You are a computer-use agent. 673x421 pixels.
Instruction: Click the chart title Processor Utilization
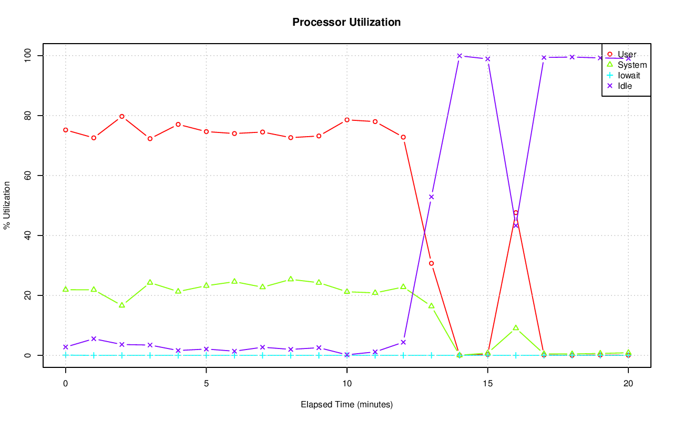coord(346,23)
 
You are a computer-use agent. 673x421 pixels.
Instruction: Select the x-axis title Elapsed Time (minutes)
coord(346,405)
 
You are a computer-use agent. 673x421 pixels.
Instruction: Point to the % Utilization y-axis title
coord(7,205)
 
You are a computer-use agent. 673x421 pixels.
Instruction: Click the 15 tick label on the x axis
coord(487,383)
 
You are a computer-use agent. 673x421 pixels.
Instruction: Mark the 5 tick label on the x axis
coord(206,383)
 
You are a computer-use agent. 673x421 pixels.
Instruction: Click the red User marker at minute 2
coord(122,116)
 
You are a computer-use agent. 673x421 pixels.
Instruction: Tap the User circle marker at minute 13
coord(431,263)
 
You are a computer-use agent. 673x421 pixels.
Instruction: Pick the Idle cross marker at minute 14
coord(460,56)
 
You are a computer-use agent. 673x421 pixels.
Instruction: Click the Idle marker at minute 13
coord(431,197)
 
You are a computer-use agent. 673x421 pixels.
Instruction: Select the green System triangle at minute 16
coord(516,328)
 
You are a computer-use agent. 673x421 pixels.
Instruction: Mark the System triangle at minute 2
coord(122,305)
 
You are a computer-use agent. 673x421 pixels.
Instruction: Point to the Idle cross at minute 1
coord(94,339)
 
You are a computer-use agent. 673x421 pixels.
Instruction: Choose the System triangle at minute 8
coord(291,279)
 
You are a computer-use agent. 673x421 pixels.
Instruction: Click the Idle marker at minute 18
coord(572,57)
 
